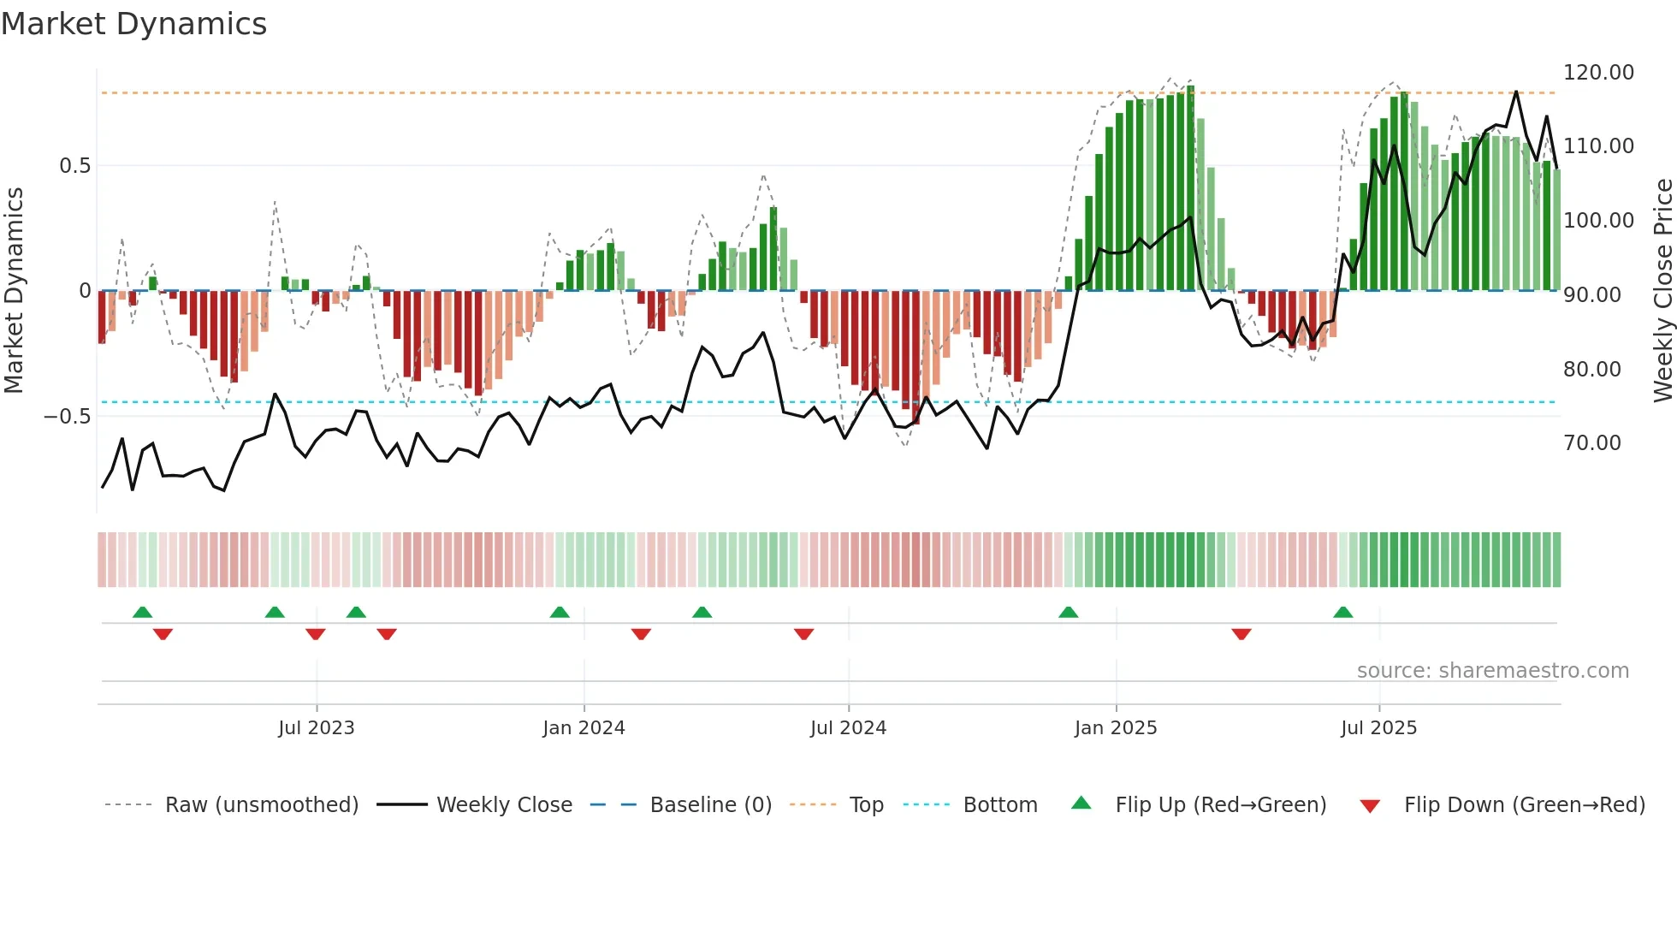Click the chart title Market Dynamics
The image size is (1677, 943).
pos(134,24)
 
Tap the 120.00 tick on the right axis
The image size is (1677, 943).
pos(1598,73)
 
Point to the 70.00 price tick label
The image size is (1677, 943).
pos(1591,443)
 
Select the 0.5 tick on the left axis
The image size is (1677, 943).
pos(75,166)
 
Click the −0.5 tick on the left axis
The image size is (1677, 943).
pos(68,417)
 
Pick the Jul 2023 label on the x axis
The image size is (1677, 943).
pos(316,728)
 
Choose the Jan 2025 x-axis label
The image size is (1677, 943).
pos(1116,728)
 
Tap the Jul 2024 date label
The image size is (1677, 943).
pos(848,728)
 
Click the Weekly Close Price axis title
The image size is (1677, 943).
pos(1662,291)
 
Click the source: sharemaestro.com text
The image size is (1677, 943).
pos(1492,671)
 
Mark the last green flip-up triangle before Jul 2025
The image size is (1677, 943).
pos(1342,613)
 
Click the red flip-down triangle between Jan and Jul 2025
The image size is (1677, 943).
pos(1241,634)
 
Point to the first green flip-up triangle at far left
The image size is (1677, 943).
pos(143,613)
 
